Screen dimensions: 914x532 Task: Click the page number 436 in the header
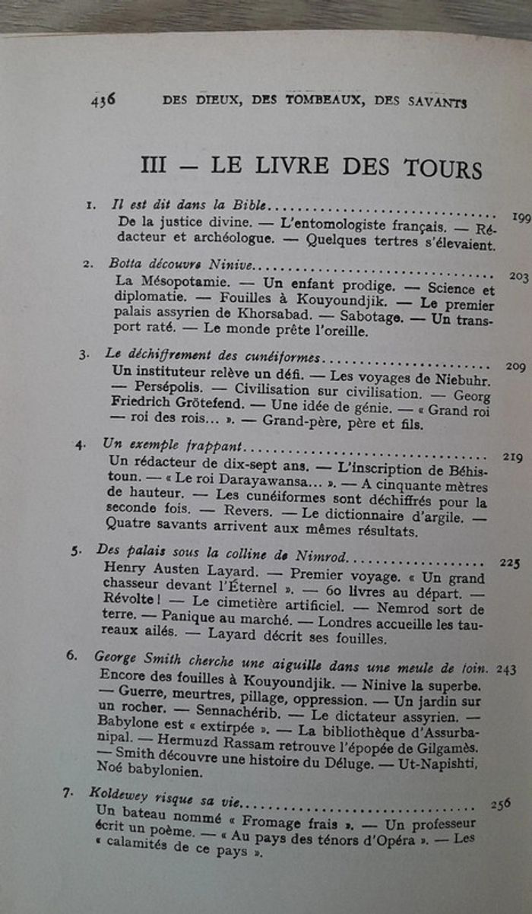(103, 99)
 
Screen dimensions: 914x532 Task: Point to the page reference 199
(521, 217)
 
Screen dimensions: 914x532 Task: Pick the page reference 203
(519, 277)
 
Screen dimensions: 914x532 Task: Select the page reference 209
(515, 367)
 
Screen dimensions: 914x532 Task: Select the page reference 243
(506, 669)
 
